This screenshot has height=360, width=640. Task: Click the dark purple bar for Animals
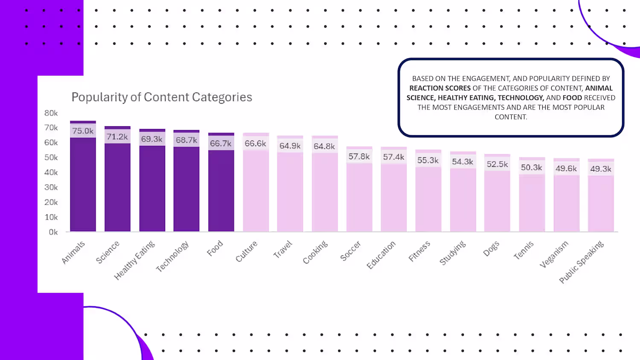pos(83,183)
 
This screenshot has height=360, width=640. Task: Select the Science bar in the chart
pos(117,188)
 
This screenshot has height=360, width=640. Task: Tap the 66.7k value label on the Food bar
pos(221,143)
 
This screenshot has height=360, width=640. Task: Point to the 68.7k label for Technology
pos(186,140)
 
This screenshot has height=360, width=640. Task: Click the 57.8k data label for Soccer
pos(359,157)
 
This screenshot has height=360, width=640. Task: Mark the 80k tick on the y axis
pos(51,113)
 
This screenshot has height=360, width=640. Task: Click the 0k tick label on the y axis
pos(53,232)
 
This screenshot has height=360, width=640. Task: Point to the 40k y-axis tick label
pos(51,172)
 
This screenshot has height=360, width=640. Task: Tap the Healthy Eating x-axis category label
pos(134,260)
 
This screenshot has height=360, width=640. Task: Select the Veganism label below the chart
pos(554,254)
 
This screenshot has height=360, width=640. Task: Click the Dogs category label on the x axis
pos(491,249)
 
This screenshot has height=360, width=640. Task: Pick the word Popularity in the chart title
pos(99,97)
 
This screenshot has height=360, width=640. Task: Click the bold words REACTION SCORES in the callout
pos(440,88)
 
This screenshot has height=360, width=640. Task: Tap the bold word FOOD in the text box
pos(572,98)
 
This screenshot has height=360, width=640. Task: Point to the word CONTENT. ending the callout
pos(511,117)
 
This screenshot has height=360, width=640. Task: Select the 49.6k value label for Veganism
pos(566,168)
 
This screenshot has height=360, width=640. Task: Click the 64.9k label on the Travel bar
pos(290,146)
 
